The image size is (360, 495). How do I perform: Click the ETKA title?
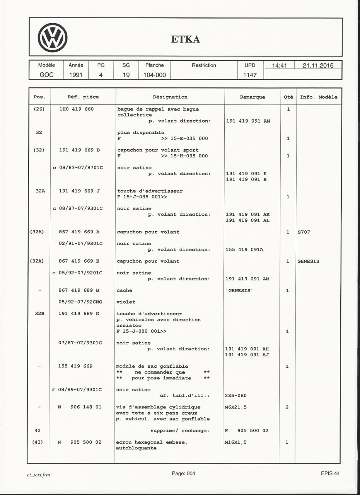click(x=186, y=39)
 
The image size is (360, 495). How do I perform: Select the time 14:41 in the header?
click(x=279, y=65)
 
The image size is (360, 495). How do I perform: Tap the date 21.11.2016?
click(x=318, y=65)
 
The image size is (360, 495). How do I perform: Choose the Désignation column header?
click(x=170, y=97)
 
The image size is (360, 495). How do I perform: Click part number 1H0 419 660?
click(x=77, y=109)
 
